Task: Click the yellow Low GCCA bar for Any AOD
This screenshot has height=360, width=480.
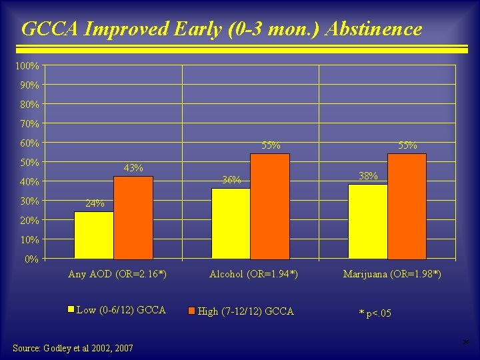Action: (94, 235)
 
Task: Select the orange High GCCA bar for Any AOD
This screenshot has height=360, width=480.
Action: (133, 217)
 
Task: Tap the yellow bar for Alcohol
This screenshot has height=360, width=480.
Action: (231, 223)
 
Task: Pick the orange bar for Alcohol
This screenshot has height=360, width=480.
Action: (270, 206)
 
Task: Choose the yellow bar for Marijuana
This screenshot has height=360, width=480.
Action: (367, 221)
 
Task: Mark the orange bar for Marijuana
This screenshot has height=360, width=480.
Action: (407, 206)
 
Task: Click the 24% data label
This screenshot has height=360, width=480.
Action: (94, 203)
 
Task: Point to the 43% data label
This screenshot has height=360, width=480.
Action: (133, 168)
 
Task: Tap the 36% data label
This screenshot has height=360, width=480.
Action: (231, 180)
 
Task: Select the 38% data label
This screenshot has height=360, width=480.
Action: (368, 176)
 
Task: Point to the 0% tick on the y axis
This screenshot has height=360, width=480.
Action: (31, 259)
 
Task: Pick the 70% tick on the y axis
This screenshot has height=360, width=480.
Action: (29, 124)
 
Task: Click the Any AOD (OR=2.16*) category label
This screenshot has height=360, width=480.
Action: (117, 274)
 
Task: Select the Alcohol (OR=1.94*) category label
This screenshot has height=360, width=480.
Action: (253, 274)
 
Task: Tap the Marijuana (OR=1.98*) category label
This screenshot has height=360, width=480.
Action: (392, 274)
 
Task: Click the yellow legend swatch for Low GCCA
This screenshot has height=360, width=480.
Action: (71, 309)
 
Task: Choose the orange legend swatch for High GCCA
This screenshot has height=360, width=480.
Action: (191, 311)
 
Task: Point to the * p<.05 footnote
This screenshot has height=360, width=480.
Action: (375, 313)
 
